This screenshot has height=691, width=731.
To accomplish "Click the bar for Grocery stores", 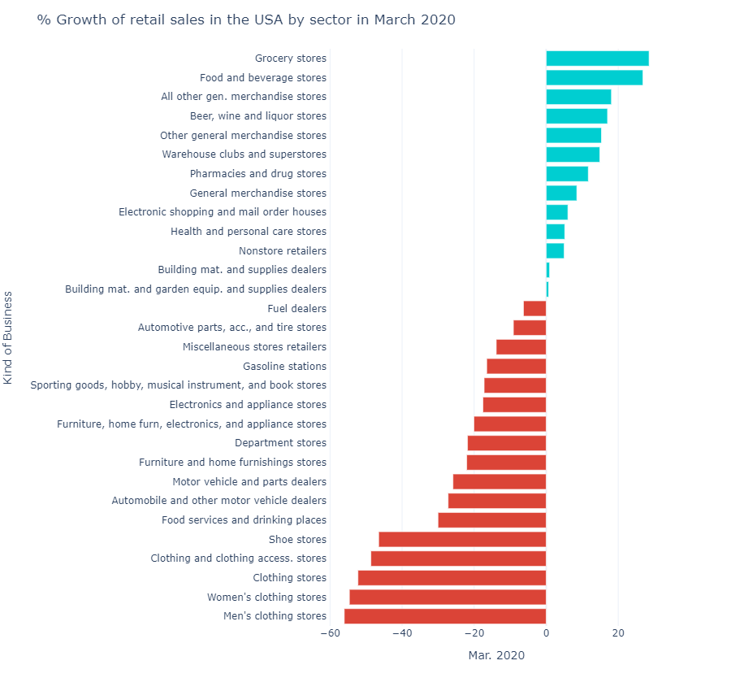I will tap(597, 59).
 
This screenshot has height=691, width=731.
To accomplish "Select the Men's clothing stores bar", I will tap(445, 616).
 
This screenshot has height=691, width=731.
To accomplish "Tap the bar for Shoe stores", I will tap(462, 540).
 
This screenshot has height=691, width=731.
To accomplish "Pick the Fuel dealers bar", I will tap(534, 309).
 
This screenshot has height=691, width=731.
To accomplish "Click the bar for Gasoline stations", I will tap(517, 367).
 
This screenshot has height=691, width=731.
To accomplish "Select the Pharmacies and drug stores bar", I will tap(567, 174).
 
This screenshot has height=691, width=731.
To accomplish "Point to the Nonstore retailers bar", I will tap(555, 251).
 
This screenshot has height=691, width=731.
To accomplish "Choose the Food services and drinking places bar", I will tap(492, 520).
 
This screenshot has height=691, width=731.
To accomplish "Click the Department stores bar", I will tap(507, 443).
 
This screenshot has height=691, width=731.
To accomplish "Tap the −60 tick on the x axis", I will tap(331, 633).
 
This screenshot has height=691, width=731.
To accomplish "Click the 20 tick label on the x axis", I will tap(618, 633).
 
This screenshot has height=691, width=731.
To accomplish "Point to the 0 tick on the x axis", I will tap(546, 633).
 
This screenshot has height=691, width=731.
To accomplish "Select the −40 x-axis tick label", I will tap(402, 633).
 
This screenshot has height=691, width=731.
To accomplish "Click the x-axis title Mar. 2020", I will tap(496, 655).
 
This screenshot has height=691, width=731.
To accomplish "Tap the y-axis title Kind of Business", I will tap(8, 337).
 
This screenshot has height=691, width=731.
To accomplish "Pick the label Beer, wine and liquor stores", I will tap(258, 116).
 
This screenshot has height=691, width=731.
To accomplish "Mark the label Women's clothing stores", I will tap(266, 598).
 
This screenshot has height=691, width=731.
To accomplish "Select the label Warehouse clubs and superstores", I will tap(244, 154).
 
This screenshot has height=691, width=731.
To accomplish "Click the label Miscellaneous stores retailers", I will tap(255, 347).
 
